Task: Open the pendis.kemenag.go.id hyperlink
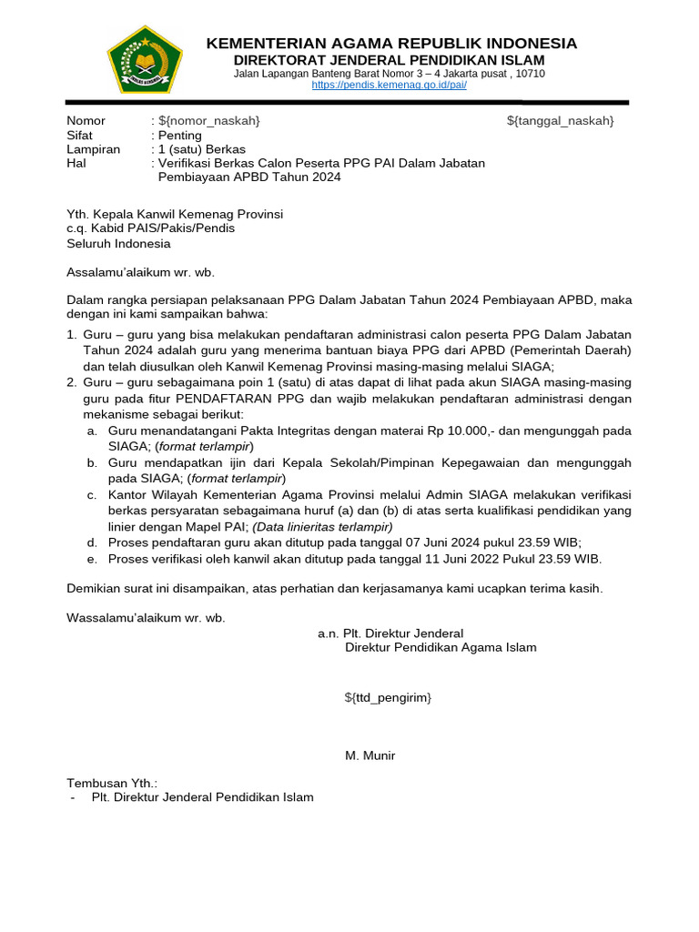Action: click(389, 85)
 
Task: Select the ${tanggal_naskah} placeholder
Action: click(560, 121)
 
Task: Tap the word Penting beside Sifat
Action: click(180, 136)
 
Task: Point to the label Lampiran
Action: click(94, 149)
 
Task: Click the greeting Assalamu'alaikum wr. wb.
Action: click(141, 271)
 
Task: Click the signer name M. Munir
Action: click(370, 755)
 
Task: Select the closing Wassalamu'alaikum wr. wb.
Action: click(146, 618)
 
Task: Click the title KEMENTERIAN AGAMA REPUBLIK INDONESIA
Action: click(391, 44)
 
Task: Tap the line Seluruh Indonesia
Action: click(118, 243)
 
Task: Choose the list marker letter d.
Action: click(92, 542)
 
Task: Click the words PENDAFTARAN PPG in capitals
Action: click(228, 399)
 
